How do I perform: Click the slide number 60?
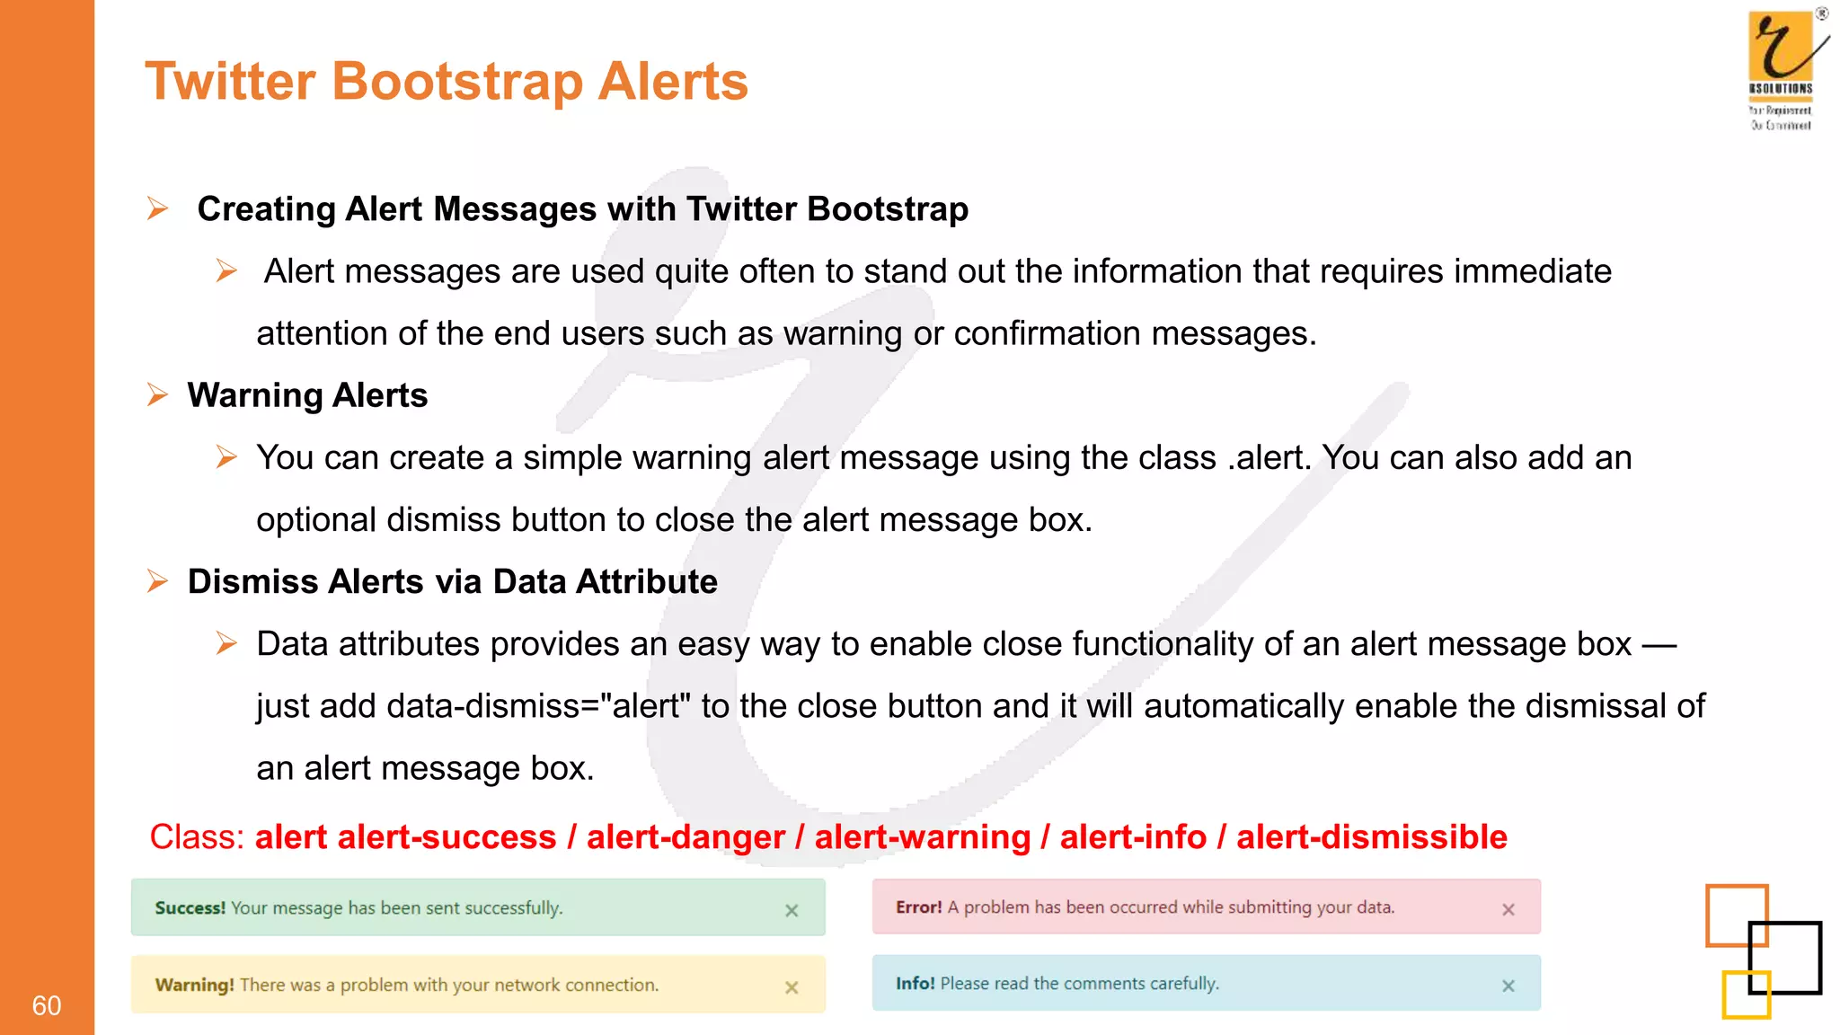(47, 1005)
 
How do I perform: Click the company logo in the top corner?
(1783, 68)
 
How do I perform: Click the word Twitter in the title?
(230, 81)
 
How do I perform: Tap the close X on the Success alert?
(792, 910)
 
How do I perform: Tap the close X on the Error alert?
(1508, 909)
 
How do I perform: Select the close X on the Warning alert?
(792, 987)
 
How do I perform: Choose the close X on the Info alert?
(1508, 986)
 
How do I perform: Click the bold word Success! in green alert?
(190, 907)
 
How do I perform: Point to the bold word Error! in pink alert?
(918, 907)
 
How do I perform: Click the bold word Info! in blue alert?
(915, 983)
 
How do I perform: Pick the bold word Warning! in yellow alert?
(194, 985)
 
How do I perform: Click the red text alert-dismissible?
(1371, 836)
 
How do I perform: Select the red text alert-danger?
(686, 836)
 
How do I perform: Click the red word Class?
(197, 836)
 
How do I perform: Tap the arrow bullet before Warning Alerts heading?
(157, 394)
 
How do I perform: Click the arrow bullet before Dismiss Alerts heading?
(157, 581)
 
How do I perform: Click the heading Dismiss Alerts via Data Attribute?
(452, 581)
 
